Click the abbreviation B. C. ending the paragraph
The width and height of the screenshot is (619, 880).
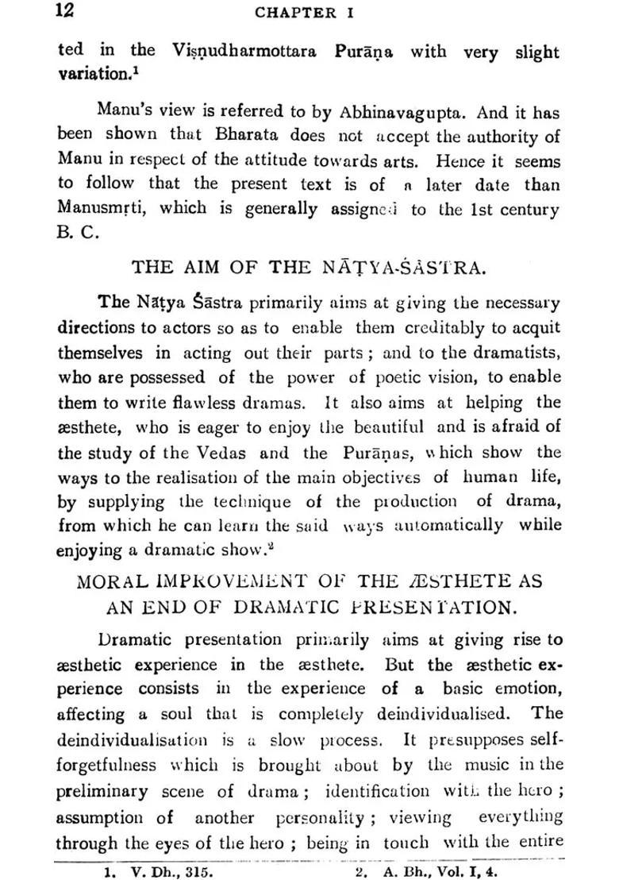tap(75, 236)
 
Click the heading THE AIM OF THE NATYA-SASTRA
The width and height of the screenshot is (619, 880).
tap(309, 268)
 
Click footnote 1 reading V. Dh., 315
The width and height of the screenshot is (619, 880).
tap(159, 870)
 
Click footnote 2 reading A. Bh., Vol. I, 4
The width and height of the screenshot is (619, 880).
tap(429, 870)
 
